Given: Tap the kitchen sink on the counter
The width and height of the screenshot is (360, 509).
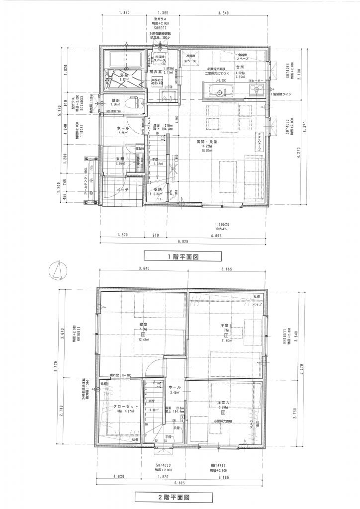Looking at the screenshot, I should point(219,90).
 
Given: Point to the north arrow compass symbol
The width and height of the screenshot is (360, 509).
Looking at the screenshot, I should point(58,271).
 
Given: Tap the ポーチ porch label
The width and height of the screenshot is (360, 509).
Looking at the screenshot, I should point(123,190).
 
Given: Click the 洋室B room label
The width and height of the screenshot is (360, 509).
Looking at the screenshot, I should point(226,326).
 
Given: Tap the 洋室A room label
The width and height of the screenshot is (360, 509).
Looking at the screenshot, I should point(222,402).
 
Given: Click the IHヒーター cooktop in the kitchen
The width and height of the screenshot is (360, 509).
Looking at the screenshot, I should point(258,91).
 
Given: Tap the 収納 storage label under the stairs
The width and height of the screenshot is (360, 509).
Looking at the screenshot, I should point(158,189).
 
